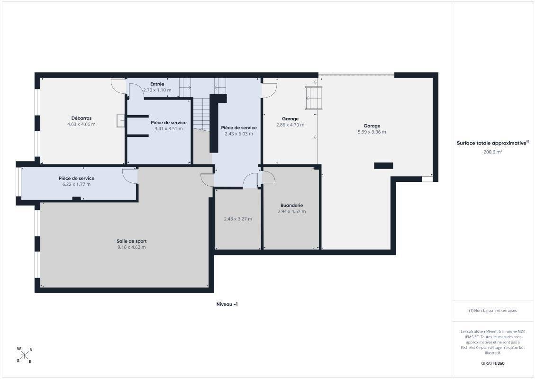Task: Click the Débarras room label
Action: (x=82, y=118)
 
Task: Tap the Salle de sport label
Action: (x=132, y=241)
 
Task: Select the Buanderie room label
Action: (x=291, y=206)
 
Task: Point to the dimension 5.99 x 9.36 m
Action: (x=372, y=132)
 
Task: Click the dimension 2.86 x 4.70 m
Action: (x=290, y=125)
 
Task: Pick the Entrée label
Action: (x=157, y=84)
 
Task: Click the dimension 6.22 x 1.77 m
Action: (x=77, y=184)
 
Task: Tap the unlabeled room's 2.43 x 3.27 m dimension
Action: (x=238, y=219)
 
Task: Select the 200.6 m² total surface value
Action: (x=492, y=152)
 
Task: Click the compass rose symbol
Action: (x=24, y=355)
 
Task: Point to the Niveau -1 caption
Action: (x=227, y=304)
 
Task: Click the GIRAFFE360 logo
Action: (x=492, y=363)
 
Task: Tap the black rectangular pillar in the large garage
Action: (x=383, y=166)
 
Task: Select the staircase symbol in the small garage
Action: (x=314, y=98)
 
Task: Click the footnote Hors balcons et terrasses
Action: (x=492, y=311)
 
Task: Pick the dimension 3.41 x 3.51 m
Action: (x=169, y=128)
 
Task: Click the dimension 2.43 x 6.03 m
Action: (x=239, y=134)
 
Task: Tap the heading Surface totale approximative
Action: (x=491, y=143)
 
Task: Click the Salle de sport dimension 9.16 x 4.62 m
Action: (x=132, y=247)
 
